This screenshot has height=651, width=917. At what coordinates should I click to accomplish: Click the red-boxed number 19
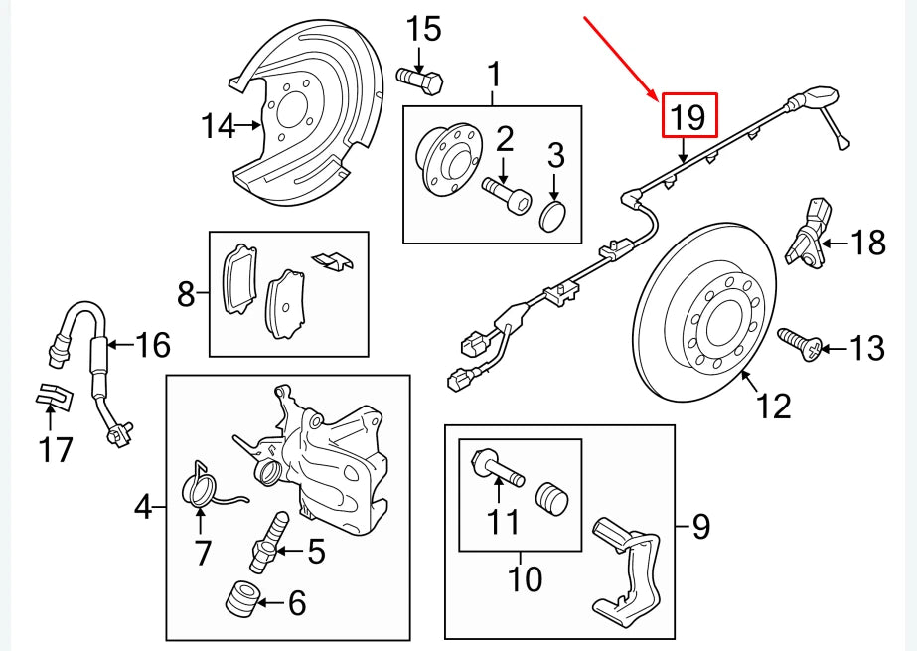click(x=688, y=118)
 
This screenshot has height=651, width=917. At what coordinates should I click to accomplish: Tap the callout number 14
click(x=218, y=126)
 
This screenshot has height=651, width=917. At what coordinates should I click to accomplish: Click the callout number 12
click(x=774, y=406)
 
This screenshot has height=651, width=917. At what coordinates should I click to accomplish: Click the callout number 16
click(x=152, y=345)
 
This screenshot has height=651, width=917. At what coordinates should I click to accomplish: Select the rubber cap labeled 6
click(x=242, y=598)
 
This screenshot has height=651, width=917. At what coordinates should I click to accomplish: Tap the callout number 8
click(x=185, y=293)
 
